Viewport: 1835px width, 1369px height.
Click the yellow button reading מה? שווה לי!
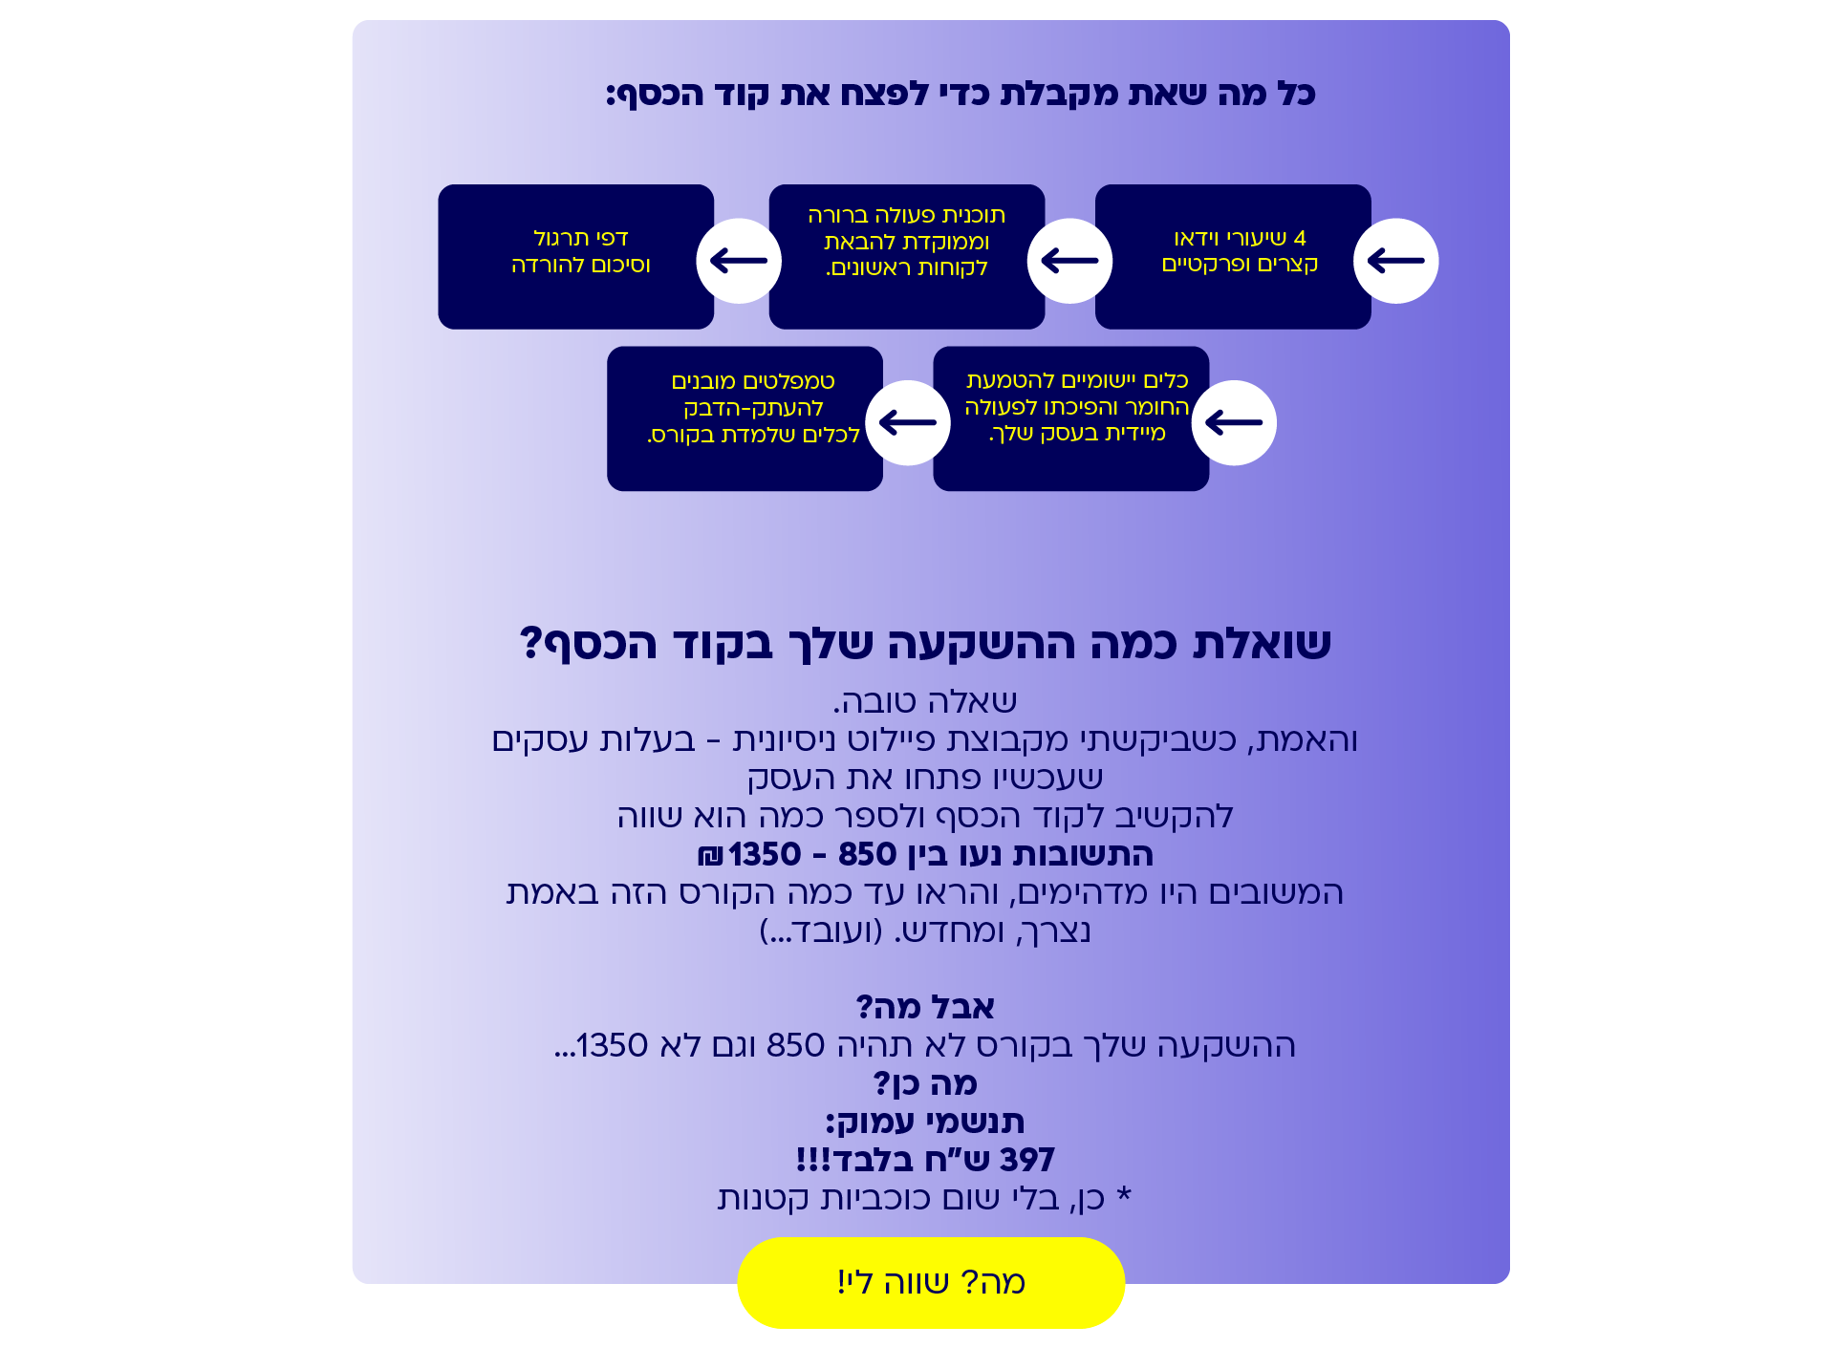click(931, 1282)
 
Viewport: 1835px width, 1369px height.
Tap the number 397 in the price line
click(1026, 1160)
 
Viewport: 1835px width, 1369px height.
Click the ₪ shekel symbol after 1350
click(711, 854)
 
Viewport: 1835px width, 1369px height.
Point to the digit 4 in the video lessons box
click(1300, 238)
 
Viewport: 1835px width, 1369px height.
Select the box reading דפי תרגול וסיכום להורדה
click(576, 257)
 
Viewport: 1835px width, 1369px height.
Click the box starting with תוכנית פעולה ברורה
click(907, 257)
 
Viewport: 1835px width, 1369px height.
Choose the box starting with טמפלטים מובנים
click(745, 418)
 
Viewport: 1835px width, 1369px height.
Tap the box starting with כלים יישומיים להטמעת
click(1071, 418)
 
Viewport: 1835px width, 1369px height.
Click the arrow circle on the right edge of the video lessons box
click(1396, 261)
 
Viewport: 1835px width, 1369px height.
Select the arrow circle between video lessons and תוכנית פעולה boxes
click(1069, 261)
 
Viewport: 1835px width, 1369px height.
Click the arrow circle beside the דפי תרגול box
click(739, 261)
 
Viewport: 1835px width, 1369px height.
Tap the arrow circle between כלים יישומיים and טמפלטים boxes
click(908, 422)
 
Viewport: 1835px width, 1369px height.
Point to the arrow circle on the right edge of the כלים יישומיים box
click(1234, 422)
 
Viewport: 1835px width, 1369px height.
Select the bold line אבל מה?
click(925, 1007)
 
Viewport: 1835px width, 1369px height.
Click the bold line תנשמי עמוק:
click(925, 1122)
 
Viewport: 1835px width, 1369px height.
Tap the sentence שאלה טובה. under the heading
click(925, 701)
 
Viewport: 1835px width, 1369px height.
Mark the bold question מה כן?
click(925, 1083)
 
